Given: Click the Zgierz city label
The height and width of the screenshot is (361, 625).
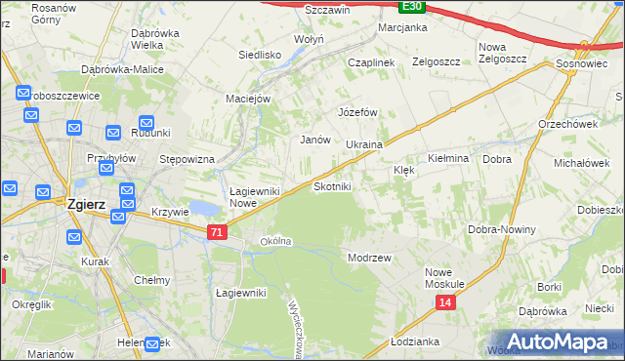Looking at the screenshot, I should point(92,205).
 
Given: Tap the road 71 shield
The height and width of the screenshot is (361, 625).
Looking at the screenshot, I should point(218,232).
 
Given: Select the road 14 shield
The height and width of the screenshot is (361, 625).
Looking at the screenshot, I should point(445,303).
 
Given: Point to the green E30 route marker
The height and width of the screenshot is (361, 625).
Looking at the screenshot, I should point(412,6).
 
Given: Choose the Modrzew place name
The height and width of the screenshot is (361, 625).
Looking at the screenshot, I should point(369,258).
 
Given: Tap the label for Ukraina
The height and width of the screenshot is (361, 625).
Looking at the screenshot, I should point(363,144).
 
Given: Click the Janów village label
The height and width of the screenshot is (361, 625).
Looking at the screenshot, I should point(313,140).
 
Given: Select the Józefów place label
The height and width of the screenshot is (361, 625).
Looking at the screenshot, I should point(357,112).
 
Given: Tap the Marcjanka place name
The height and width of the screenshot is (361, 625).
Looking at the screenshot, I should point(403,27).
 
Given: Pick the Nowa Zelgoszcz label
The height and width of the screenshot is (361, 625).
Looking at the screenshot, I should point(503,53).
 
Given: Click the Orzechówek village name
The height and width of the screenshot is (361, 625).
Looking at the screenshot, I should point(567,124).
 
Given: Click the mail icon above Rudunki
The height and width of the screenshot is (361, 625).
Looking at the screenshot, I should point(147,124).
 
